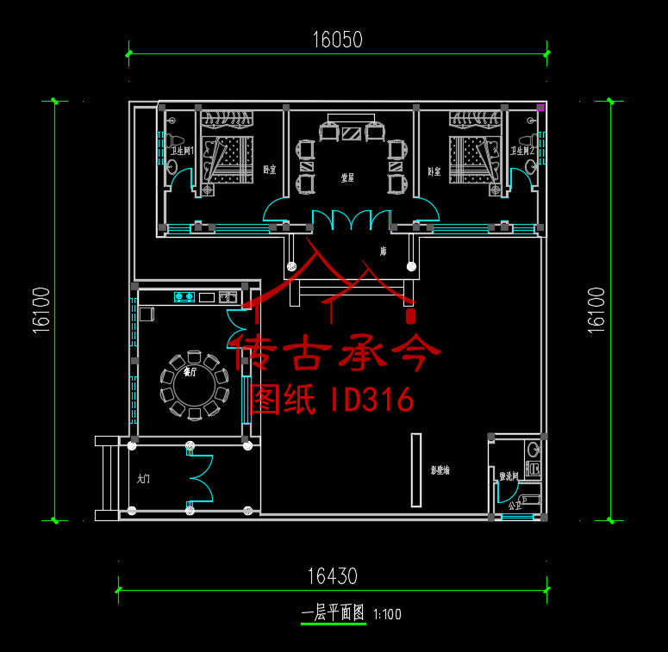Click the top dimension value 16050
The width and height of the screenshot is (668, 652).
pyautogui.click(x=337, y=39)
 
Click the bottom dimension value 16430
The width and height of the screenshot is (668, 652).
pyautogui.click(x=332, y=575)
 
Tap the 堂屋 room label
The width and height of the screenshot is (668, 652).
pyautogui.click(x=347, y=178)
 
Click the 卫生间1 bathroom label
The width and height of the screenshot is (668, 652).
pyautogui.click(x=181, y=151)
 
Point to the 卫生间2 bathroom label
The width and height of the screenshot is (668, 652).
pyautogui.click(x=522, y=151)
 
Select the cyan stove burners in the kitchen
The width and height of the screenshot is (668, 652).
pyautogui.click(x=184, y=297)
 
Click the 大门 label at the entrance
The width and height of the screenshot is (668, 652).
pyautogui.click(x=143, y=478)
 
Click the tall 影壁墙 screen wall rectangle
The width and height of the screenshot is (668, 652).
pyautogui.click(x=416, y=470)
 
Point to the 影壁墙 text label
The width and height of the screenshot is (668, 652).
pyautogui.click(x=440, y=470)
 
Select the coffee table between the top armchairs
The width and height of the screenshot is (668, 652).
pyautogui.click(x=351, y=134)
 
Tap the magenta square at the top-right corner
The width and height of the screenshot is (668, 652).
pyautogui.click(x=540, y=108)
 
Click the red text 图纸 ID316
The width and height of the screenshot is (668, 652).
pyautogui.click(x=332, y=400)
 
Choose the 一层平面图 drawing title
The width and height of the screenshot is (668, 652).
pyautogui.click(x=333, y=613)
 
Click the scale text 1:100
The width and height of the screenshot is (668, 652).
pyautogui.click(x=388, y=615)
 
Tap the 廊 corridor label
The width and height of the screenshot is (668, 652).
pyautogui.click(x=382, y=251)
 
